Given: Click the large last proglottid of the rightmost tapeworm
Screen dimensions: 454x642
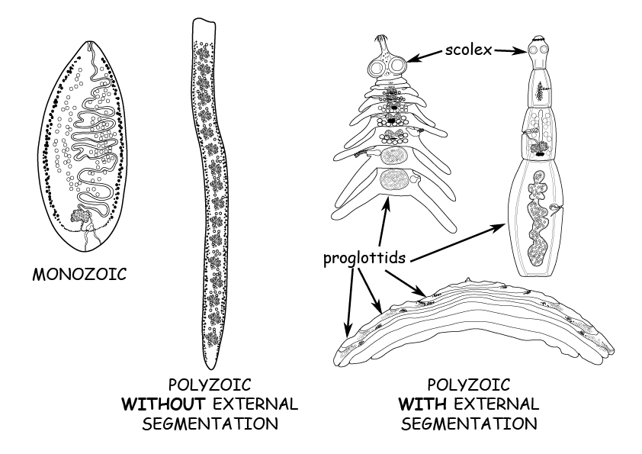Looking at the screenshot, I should pyautogui.click(x=539, y=221).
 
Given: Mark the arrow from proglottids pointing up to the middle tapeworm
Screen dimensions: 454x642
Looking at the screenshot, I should pyautogui.click(x=387, y=221).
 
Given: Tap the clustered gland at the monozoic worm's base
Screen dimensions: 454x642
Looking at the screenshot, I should pyautogui.click(x=80, y=217).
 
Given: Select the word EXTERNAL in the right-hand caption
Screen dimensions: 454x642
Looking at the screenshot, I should pyautogui.click(x=500, y=403).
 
